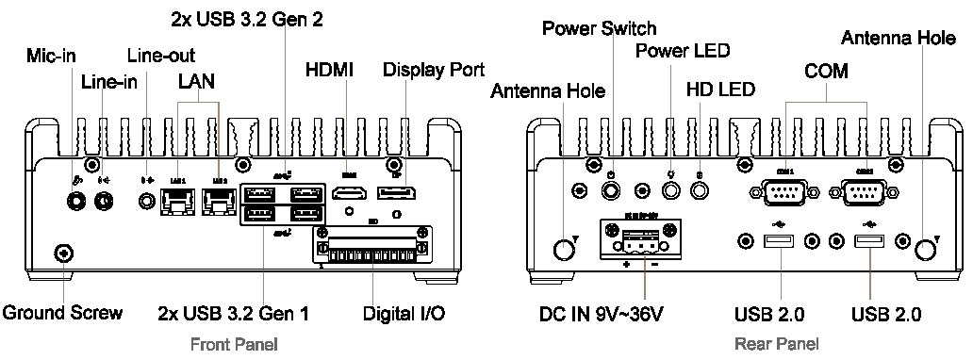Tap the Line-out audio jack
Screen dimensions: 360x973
tap(146, 200)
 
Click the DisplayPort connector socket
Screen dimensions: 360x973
tap(402, 194)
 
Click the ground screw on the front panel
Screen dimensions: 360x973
tap(63, 253)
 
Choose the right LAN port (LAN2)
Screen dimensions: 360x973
tap(220, 199)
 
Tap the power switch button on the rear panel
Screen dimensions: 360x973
tap(613, 191)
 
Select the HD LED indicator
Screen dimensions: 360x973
tap(700, 191)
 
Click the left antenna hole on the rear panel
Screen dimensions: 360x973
tap(563, 249)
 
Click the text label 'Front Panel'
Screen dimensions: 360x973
tap(234, 344)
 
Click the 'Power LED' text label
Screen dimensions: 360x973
tap(683, 50)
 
